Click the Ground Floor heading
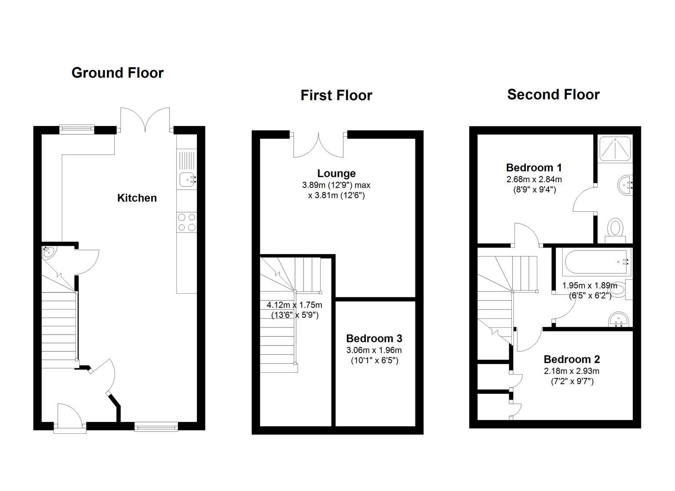tap(117, 73)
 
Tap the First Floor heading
tap(336, 95)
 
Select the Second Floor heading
tap(553, 95)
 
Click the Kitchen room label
tap(137, 198)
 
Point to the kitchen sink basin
tap(186, 180)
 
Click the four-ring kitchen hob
tap(186, 222)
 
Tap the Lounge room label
tap(336, 173)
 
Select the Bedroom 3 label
tap(374, 338)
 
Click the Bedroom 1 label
tap(534, 167)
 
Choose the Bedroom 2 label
tap(571, 359)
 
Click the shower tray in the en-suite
tap(615, 148)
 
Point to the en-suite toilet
tap(616, 228)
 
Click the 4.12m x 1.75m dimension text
tap(294, 305)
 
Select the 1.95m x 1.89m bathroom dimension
tap(590, 286)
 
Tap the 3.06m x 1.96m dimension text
tap(374, 351)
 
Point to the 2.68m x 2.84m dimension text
tap(534, 180)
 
